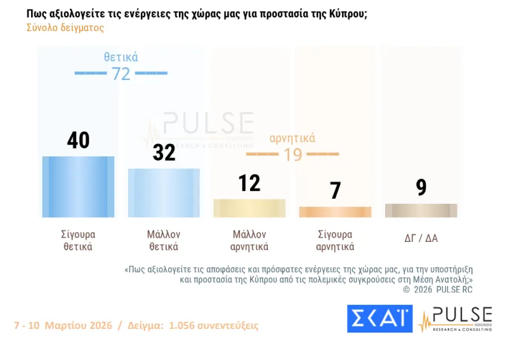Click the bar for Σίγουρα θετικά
(x=78, y=187)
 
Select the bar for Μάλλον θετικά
(x=164, y=193)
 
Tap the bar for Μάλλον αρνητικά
(x=249, y=208)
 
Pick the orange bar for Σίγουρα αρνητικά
(x=335, y=212)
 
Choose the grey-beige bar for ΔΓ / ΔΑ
(x=421, y=210)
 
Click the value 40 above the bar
(x=78, y=140)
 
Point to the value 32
(x=164, y=152)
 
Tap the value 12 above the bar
(x=249, y=183)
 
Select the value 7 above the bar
(x=335, y=190)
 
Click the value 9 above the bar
(x=421, y=187)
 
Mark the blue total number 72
(x=121, y=74)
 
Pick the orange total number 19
(x=292, y=154)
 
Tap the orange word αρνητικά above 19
(x=292, y=138)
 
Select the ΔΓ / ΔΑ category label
(x=421, y=239)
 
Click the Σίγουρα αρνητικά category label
(x=335, y=240)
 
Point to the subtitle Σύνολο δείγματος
(x=65, y=28)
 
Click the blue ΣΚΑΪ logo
(x=379, y=319)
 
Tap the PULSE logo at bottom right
(x=455, y=319)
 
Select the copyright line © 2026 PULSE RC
(x=438, y=290)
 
